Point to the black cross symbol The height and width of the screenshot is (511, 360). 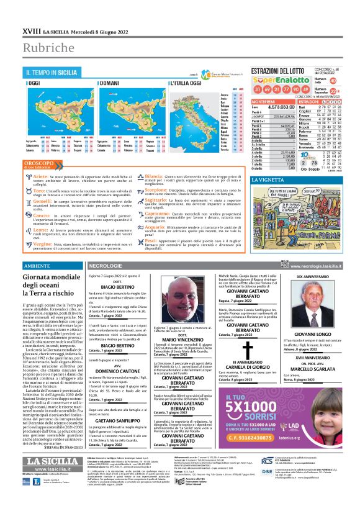pos(230,351)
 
